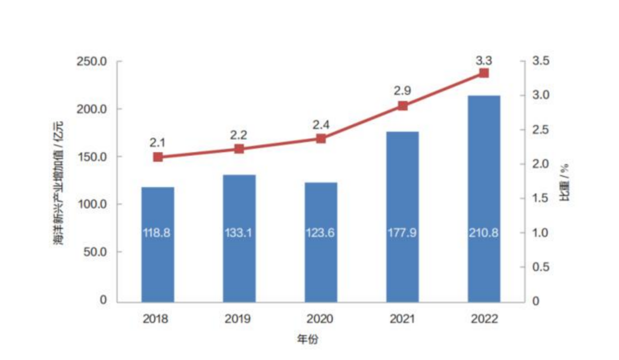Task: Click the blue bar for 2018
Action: tap(157, 244)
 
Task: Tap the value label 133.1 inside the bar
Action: tap(239, 233)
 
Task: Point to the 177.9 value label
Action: tap(402, 233)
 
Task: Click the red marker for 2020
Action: tap(321, 138)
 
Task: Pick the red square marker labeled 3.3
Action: tap(484, 73)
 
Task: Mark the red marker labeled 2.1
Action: tap(157, 157)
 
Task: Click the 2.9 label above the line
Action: tap(402, 90)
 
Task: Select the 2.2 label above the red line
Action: tap(239, 134)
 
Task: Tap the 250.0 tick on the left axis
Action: tap(93, 62)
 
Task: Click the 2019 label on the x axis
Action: tap(239, 319)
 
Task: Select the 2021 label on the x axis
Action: tap(402, 319)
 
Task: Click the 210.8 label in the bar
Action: tap(484, 233)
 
